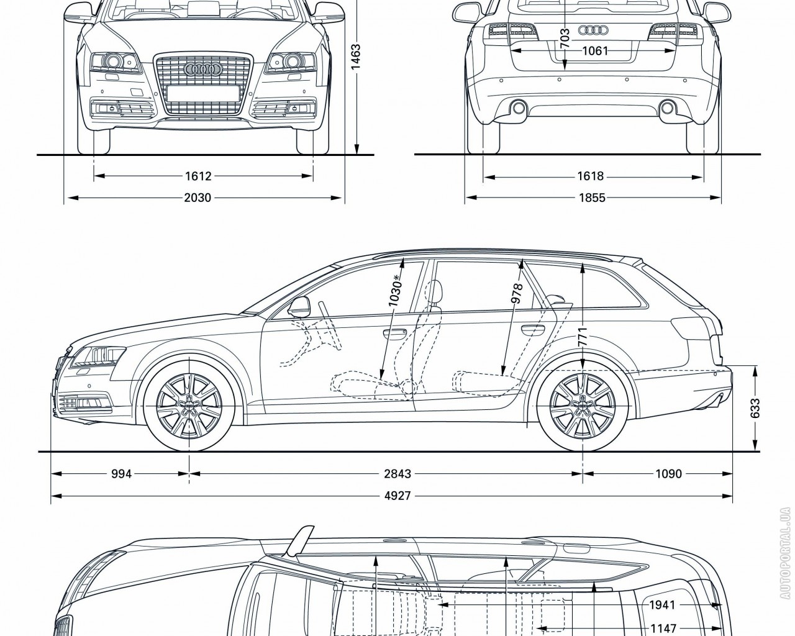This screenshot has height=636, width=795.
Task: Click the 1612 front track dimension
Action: coord(198,176)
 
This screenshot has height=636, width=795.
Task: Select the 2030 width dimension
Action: coord(198,198)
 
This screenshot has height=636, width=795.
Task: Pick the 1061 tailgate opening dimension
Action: coord(594,50)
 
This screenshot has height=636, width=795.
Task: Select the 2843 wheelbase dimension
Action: coord(397,474)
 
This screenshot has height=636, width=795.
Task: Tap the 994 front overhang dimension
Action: coord(121,474)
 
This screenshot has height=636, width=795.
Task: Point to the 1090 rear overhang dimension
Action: coord(668,474)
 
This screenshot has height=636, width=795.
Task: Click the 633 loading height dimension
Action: coord(755,408)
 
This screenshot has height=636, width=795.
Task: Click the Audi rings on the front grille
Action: coord(202,70)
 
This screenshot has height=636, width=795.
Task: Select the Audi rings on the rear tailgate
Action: coord(592,30)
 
